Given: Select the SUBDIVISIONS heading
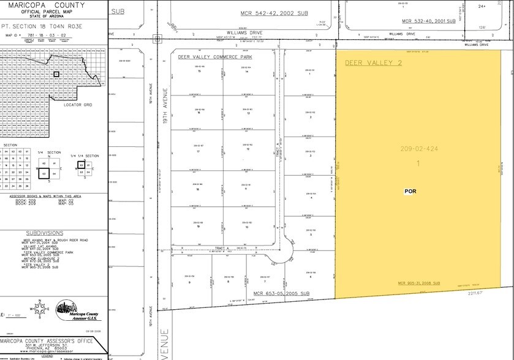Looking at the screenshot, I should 45,233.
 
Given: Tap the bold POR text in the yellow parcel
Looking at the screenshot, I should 410,191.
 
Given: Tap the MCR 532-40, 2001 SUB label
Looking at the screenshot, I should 429,21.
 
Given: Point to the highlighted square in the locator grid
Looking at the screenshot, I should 56,73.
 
